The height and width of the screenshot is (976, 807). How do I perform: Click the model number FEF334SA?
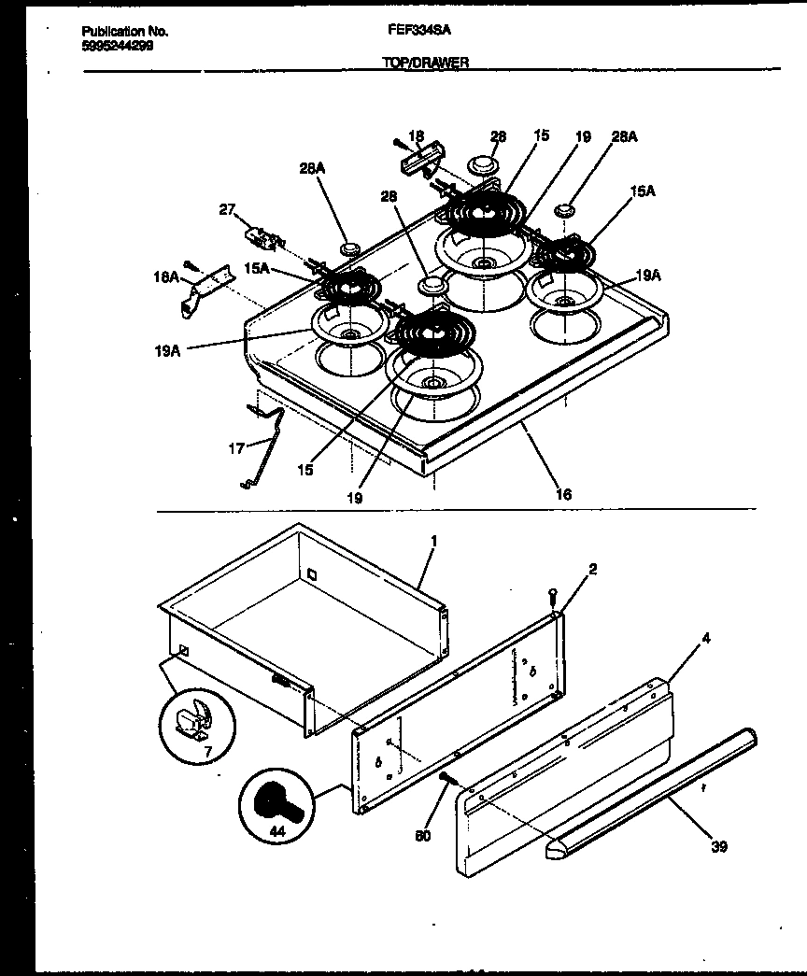[419, 30]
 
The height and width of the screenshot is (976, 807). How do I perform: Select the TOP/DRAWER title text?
[424, 62]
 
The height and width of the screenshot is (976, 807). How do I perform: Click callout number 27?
[227, 210]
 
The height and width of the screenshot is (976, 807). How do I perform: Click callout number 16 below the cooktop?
[562, 494]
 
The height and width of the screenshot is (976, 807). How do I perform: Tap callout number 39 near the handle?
[718, 846]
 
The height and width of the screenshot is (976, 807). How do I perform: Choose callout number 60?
[423, 836]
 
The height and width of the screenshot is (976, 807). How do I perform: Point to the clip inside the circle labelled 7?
[195, 718]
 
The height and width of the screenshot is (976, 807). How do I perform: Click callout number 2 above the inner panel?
[592, 568]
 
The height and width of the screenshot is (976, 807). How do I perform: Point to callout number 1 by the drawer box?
[433, 541]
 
